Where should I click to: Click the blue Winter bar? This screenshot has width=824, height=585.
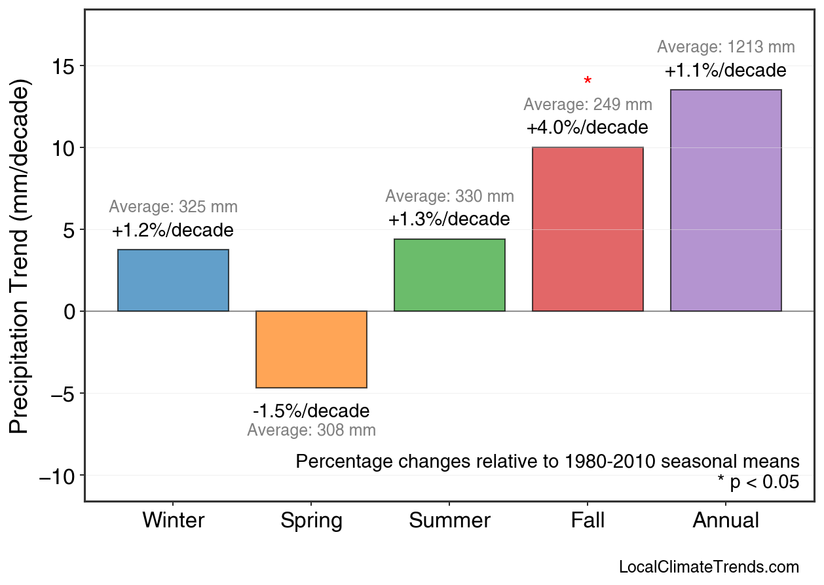(173, 280)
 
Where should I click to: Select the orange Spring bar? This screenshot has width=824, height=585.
(311, 349)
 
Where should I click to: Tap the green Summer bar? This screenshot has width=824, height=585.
(449, 275)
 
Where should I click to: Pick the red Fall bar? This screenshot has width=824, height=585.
(588, 229)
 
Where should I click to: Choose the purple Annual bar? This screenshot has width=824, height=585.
(726, 200)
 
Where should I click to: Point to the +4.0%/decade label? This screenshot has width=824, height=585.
(588, 127)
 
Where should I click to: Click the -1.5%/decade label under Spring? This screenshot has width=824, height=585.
(311, 411)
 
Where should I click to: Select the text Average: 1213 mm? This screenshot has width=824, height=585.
(726, 47)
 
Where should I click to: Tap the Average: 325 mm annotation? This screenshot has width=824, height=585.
(173, 207)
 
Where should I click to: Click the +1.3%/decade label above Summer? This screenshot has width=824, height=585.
(449, 219)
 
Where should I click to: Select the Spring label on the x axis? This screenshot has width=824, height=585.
(311, 521)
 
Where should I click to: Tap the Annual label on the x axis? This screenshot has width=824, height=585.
(726, 521)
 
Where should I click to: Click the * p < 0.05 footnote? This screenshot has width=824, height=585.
(758, 483)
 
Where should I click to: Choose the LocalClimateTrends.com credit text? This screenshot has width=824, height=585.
(709, 567)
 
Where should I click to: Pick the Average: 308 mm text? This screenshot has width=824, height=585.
(311, 430)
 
